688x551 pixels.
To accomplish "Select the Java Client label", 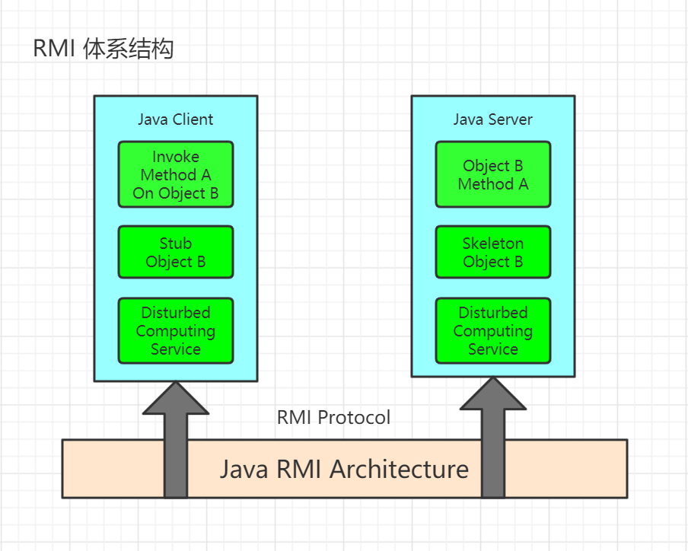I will pyautogui.click(x=175, y=119).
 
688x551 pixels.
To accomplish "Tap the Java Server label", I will pyautogui.click(x=492, y=119).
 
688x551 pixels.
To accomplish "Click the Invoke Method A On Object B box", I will pyautogui.click(x=175, y=174).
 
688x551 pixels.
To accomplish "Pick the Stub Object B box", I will pyautogui.click(x=175, y=252).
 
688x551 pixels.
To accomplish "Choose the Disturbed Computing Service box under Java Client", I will pyautogui.click(x=175, y=331).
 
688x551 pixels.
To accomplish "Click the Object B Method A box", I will pyautogui.click(x=492, y=174).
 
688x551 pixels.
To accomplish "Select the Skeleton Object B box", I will pyautogui.click(x=492, y=252).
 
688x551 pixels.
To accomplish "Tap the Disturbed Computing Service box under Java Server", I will pyautogui.click(x=492, y=331).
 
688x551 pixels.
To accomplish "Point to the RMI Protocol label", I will pyautogui.click(x=333, y=418).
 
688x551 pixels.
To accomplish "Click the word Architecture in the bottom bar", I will pyautogui.click(x=399, y=469).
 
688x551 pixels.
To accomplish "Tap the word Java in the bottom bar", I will pyautogui.click(x=244, y=469).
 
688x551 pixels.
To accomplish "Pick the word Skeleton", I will pyautogui.click(x=492, y=244).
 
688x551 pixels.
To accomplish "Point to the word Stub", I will pyautogui.click(x=175, y=244).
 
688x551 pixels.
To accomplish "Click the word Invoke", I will pyautogui.click(x=175, y=157).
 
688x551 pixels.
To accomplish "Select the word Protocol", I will pyautogui.click(x=354, y=418).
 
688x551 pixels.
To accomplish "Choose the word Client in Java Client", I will pyautogui.click(x=193, y=119).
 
